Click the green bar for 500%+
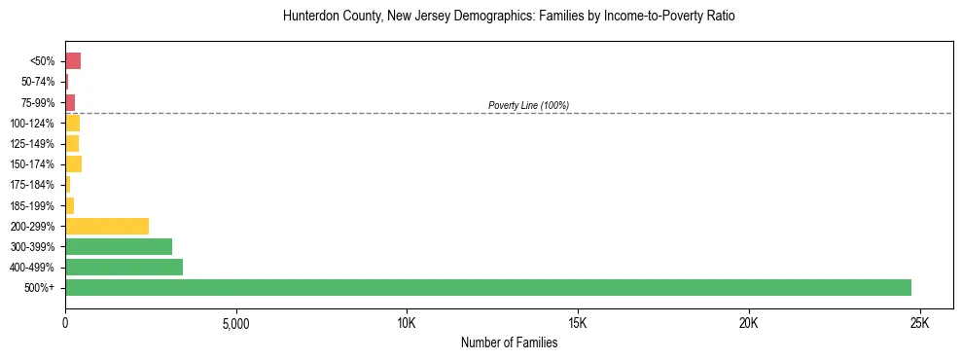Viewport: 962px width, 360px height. [486, 287]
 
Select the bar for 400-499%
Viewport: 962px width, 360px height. [124, 267]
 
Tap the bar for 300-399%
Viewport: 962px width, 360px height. [119, 246]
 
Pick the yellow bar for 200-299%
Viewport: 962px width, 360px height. [107, 226]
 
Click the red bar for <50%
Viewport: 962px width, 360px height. [73, 61]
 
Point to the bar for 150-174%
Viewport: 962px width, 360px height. [73, 164]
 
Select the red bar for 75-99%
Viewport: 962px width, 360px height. [70, 102]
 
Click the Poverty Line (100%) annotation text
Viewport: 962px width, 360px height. [528, 105]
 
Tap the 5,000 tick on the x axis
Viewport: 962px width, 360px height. [236, 323]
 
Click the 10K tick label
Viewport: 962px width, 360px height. [407, 323]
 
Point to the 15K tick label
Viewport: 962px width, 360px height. [578, 323]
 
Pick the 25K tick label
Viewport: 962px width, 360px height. [919, 323]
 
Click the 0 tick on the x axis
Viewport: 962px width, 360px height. [65, 323]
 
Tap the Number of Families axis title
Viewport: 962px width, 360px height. [509, 342]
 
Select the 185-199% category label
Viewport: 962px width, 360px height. [32, 205]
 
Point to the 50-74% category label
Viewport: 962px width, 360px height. [38, 82]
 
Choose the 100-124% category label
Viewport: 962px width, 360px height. [32, 123]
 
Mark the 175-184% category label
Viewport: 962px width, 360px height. [32, 185]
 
